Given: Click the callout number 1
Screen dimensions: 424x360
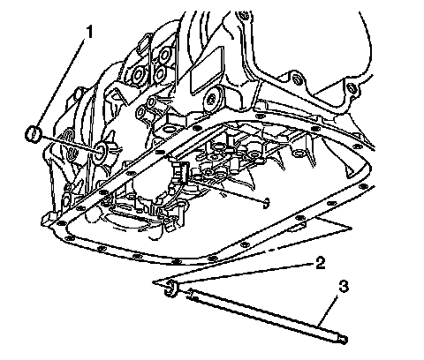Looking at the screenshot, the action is pyautogui.click(x=89, y=32).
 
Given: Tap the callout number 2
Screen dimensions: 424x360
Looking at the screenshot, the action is pyautogui.click(x=320, y=263).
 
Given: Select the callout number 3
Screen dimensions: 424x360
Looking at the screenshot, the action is pyautogui.click(x=344, y=286).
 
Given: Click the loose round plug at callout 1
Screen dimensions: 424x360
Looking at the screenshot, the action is pyautogui.click(x=33, y=134).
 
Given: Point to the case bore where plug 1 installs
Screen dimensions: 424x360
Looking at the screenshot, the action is pyautogui.click(x=100, y=153).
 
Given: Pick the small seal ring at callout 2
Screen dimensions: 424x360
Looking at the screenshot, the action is pyautogui.click(x=170, y=289).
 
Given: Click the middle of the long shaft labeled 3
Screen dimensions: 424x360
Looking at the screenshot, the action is pyautogui.click(x=268, y=314).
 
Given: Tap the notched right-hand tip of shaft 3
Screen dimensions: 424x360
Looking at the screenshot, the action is pyautogui.click(x=344, y=340).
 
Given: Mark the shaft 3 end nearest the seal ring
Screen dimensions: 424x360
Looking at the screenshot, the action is pyautogui.click(x=191, y=294).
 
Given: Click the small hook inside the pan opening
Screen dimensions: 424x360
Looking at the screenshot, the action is pyautogui.click(x=266, y=203).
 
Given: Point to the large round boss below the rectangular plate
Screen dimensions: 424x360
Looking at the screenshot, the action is pyautogui.click(x=212, y=99).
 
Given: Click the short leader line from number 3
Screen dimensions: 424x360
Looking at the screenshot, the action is pyautogui.click(x=329, y=310).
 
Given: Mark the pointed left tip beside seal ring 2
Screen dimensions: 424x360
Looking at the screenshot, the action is pyautogui.click(x=153, y=282).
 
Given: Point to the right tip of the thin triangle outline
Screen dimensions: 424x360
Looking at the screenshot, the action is pyautogui.click(x=351, y=228).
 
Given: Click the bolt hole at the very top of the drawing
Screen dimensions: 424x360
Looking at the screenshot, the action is pyautogui.click(x=244, y=15).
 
